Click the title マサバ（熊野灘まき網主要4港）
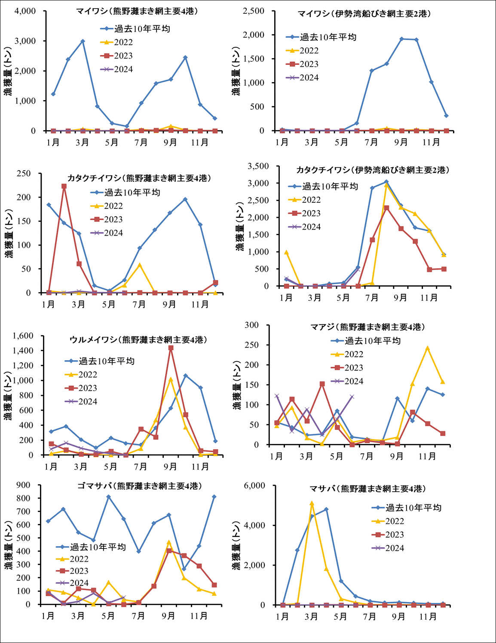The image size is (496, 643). coord(367,489)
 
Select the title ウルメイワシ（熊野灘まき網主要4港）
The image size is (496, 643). coord(138,340)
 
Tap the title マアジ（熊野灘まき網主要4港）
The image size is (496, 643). coord(367,327)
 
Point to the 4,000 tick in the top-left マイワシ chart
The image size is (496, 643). coord(25,11)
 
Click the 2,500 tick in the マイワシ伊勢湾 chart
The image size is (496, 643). coord(254,11)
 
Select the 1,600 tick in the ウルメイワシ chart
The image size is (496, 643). coord(23,336)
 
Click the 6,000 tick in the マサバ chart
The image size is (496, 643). coord(254,486)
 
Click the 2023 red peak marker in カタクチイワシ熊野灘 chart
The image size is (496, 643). coord(64,187)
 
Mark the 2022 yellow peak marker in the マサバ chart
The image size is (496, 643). coord(312,503)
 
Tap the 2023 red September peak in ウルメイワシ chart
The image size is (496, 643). coord(171,348)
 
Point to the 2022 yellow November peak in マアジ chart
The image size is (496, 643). coord(427,349)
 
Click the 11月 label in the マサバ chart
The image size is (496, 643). coord(428,617)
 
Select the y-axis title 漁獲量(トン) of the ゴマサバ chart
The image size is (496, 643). coord(9,545)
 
